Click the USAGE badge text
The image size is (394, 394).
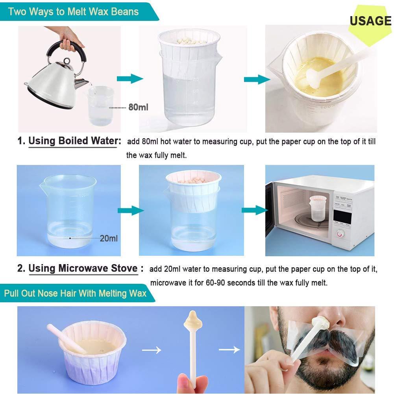(x=370, y=20)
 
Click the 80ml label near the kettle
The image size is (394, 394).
(x=138, y=107)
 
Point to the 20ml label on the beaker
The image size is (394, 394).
(x=109, y=238)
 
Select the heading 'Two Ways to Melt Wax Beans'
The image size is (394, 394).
(x=73, y=11)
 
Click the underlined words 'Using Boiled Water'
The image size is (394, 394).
(x=74, y=141)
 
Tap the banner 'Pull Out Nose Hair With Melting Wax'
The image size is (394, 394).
(x=75, y=293)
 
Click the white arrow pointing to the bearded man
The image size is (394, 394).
(x=229, y=349)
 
